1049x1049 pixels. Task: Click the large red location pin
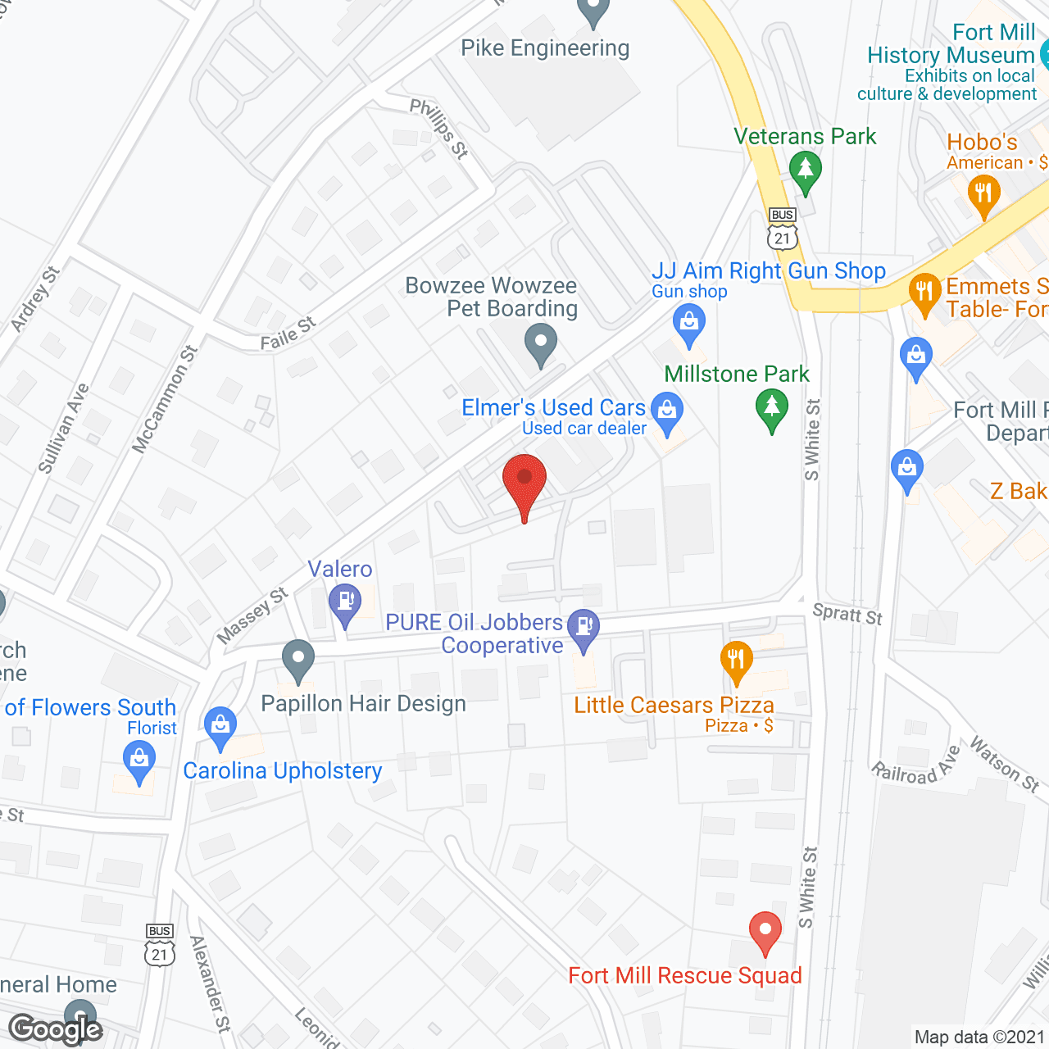[524, 480]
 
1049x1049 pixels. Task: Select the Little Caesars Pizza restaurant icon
[736, 660]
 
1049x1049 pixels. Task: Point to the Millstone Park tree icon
[771, 406]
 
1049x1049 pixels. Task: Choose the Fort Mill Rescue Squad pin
[765, 931]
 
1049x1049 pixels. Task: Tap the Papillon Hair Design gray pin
[298, 659]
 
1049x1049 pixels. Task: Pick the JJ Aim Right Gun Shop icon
[689, 322]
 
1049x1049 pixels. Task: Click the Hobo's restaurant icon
[983, 194]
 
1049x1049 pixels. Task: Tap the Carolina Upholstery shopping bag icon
[220, 725]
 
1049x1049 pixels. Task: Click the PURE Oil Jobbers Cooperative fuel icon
[584, 628]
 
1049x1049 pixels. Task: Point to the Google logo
[56, 1029]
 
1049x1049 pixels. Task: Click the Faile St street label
[288, 334]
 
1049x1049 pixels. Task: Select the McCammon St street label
[166, 399]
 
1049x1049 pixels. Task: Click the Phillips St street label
[439, 128]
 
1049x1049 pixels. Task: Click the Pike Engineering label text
[545, 48]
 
